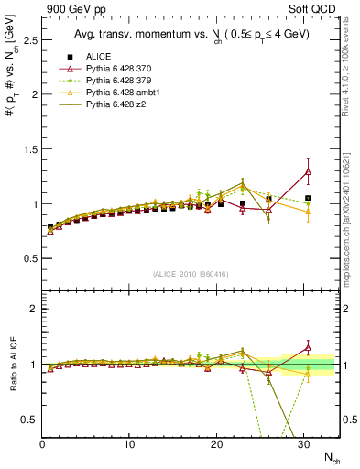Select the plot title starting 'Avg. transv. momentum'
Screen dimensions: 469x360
pos(190,35)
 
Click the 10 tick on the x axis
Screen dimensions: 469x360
pos(129,444)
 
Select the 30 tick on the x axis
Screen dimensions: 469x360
pos(303,444)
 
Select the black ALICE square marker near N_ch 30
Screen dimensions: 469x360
pos(308,198)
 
